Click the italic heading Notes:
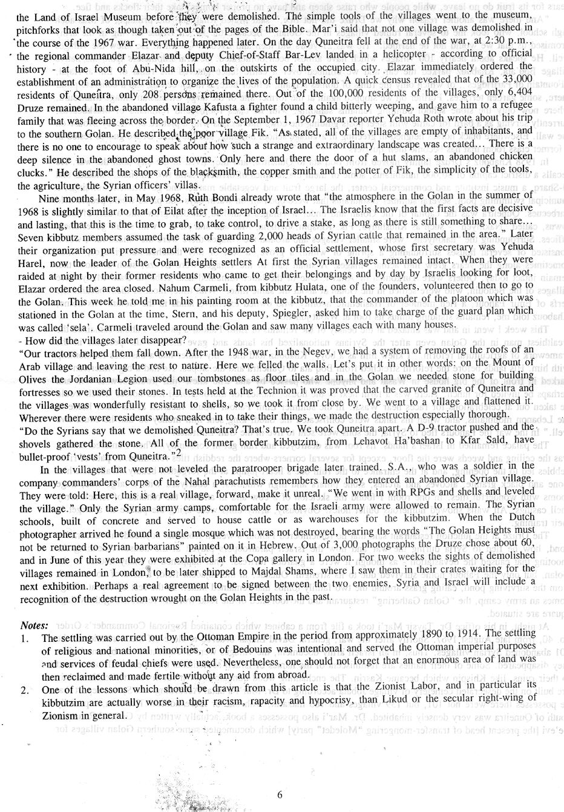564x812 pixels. (x=34, y=624)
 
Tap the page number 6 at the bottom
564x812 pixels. (x=280, y=795)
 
